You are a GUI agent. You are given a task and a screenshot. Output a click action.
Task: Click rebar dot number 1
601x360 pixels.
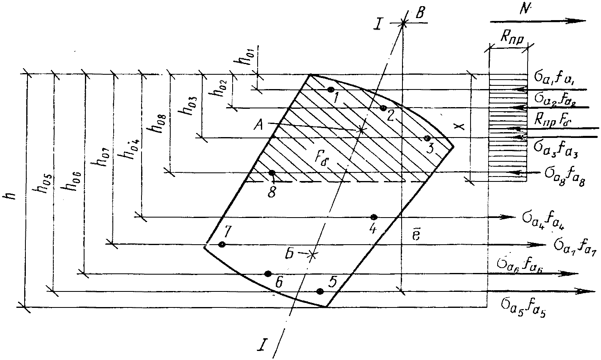point(331,89)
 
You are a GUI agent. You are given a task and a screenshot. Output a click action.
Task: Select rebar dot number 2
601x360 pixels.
point(383,108)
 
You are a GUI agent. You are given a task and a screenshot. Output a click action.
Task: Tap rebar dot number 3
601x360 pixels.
point(427,138)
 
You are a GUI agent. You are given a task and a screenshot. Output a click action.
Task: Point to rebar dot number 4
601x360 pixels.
point(373,217)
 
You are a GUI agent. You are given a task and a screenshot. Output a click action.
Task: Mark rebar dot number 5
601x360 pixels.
point(320,291)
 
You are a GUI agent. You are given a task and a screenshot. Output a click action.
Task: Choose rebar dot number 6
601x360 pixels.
point(268,273)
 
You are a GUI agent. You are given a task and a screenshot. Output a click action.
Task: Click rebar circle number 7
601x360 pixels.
point(222,245)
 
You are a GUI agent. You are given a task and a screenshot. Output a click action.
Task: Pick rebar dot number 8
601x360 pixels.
point(272,173)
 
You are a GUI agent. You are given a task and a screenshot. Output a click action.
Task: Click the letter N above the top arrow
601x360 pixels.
point(523,10)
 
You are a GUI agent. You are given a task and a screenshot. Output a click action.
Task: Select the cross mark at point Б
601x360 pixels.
point(313,255)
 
